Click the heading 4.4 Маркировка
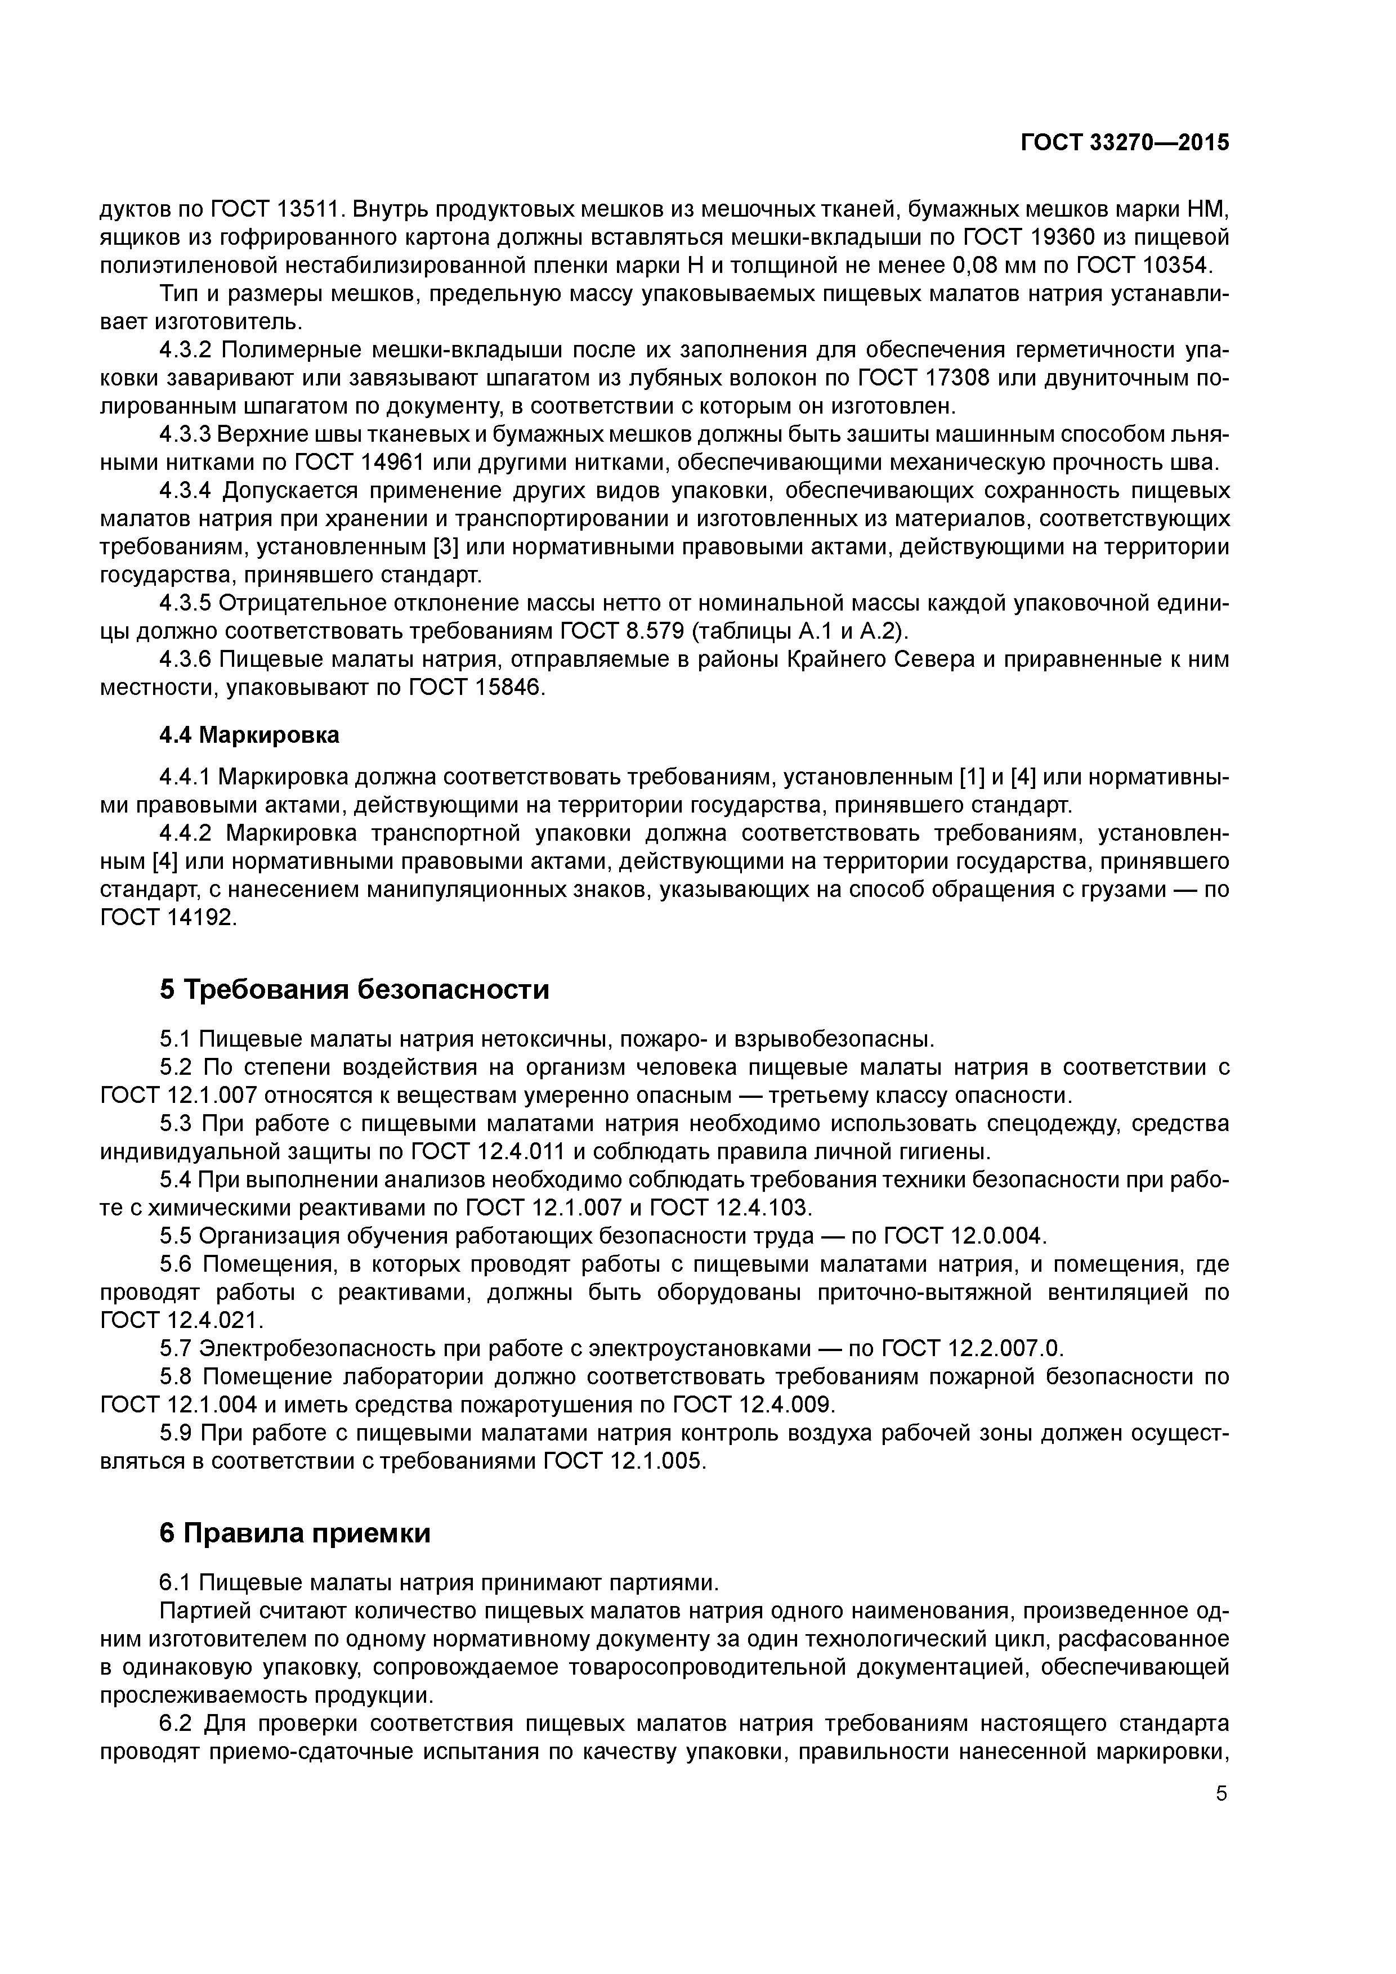click(249, 735)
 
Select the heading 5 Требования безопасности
click(355, 990)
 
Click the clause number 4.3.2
click(186, 351)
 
